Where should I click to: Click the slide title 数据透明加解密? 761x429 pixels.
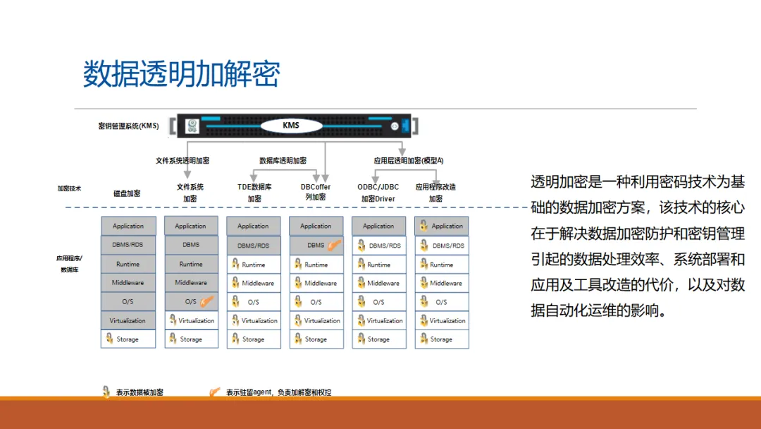click(182, 74)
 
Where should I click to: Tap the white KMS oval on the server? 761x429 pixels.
click(291, 126)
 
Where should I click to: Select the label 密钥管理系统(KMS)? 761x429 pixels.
click(128, 126)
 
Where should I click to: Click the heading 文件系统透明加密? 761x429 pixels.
click(182, 161)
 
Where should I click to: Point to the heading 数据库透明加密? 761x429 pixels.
click(283, 161)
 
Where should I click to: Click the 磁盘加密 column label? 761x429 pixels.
click(127, 193)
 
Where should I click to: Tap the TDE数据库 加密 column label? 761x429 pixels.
click(254, 193)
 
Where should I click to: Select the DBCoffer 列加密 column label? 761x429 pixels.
click(316, 192)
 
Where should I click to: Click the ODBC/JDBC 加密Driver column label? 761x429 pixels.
click(378, 193)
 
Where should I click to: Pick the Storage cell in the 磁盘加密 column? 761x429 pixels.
click(128, 339)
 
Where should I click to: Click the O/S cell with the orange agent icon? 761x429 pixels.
click(190, 302)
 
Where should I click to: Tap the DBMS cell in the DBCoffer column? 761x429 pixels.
click(316, 246)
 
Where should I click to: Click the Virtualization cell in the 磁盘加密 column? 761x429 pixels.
click(128, 320)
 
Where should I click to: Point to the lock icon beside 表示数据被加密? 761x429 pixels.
click(106, 392)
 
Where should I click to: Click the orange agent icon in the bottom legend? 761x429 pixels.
click(215, 392)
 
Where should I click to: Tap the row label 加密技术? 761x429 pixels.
click(69, 188)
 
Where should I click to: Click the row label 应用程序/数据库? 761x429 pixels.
click(69, 264)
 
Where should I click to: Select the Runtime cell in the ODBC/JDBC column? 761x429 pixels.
click(378, 265)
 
